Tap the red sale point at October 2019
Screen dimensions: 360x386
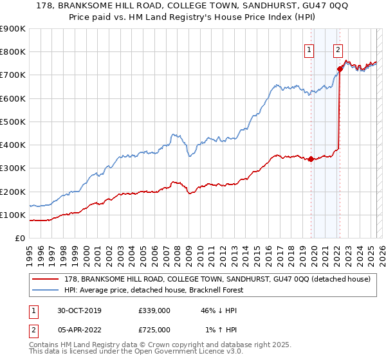(x=311, y=159)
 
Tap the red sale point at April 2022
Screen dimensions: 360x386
(x=339, y=68)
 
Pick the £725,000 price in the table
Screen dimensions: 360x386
(x=154, y=330)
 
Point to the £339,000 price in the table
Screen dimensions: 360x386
(x=154, y=310)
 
